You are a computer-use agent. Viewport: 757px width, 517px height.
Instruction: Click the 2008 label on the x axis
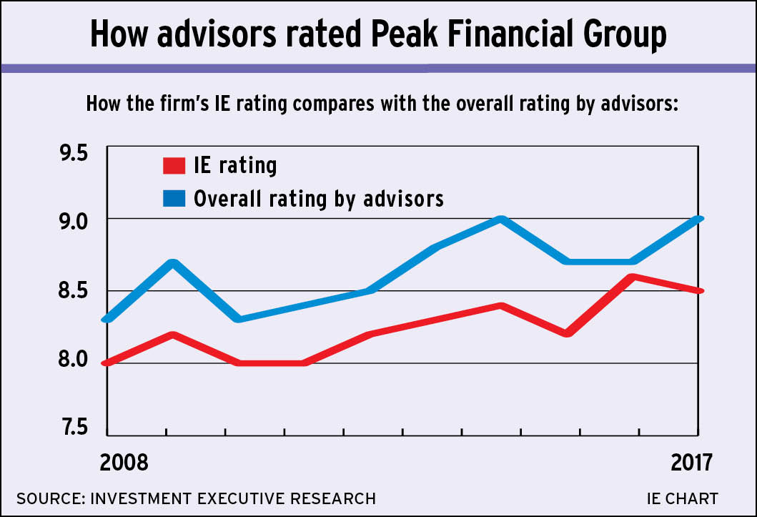tap(124, 462)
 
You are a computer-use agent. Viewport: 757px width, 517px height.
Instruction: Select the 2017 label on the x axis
tap(691, 462)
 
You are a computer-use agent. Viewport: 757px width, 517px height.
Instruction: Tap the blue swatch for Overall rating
tap(174, 197)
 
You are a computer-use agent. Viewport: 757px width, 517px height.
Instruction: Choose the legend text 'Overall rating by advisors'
tap(319, 198)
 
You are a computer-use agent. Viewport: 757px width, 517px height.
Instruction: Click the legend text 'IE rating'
tap(235, 166)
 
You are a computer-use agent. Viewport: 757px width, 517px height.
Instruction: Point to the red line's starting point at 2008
tap(107, 363)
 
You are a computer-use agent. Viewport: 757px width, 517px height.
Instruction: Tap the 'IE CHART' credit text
tap(682, 498)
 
